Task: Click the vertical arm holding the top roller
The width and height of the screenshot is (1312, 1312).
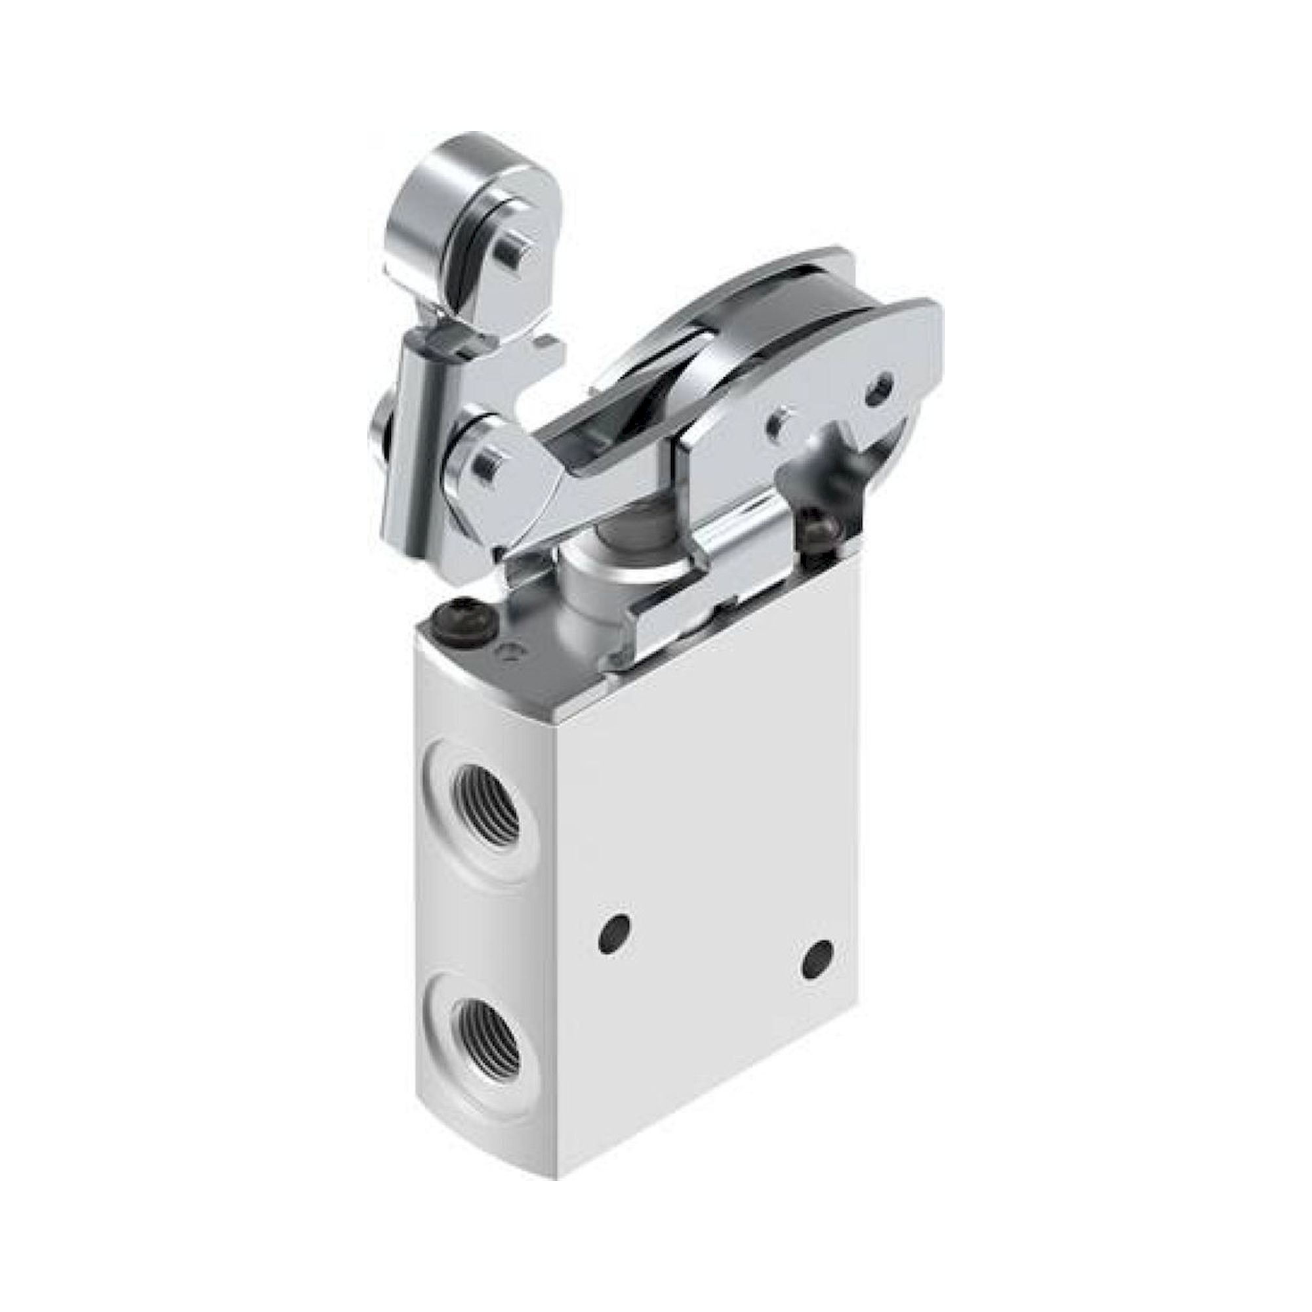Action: click(x=416, y=435)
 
